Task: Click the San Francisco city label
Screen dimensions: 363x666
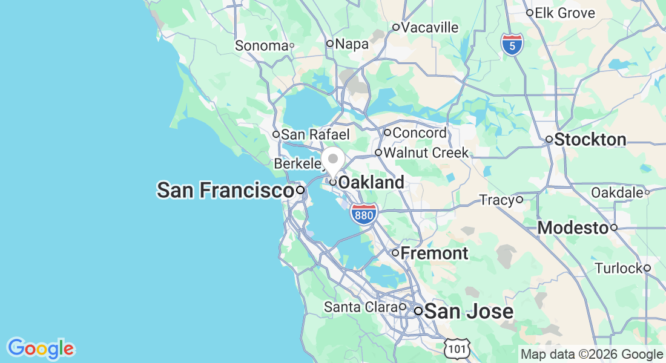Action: (225, 191)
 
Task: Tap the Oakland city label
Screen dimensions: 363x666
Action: (371, 182)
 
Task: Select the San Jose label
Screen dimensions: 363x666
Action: (468, 312)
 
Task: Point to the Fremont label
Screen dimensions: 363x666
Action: (434, 253)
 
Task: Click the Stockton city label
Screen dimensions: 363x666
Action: (590, 140)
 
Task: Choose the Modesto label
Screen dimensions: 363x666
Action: (573, 228)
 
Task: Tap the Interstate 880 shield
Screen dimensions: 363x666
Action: (364, 214)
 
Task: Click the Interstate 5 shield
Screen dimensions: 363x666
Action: (512, 45)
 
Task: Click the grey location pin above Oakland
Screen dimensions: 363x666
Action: (332, 160)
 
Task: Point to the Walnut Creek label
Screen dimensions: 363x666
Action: (426, 152)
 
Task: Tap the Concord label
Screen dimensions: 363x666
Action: (420, 132)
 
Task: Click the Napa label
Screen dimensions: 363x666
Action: (348, 44)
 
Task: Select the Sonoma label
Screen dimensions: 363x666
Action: (262, 45)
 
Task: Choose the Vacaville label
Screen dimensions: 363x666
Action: (430, 27)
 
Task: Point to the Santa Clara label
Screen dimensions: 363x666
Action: (361, 307)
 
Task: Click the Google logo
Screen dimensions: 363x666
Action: (41, 348)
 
